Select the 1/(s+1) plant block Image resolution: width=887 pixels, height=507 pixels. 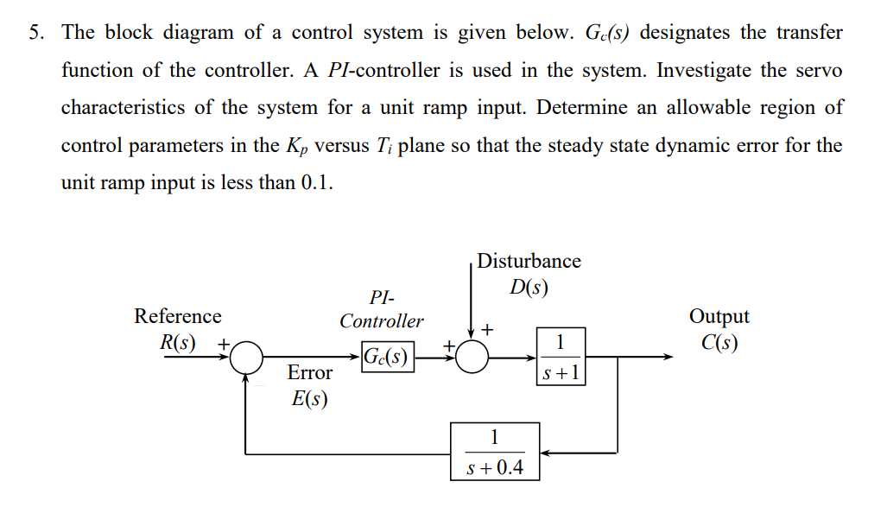point(561,357)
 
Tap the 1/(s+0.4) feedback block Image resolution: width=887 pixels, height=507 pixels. point(494,452)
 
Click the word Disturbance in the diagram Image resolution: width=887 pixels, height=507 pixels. point(529,261)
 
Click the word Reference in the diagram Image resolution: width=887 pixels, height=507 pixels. point(177,316)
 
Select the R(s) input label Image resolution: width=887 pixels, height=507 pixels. point(177,342)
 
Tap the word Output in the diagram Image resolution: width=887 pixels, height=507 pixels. point(719,316)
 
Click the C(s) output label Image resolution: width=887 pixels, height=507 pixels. point(719,343)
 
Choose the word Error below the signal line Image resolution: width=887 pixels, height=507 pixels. point(309,373)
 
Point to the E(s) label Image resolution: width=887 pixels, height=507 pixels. point(309,400)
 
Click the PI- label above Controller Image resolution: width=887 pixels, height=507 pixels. point(381,298)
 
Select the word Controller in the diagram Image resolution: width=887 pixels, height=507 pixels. point(381,321)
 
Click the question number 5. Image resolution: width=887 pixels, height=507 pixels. point(35,33)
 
